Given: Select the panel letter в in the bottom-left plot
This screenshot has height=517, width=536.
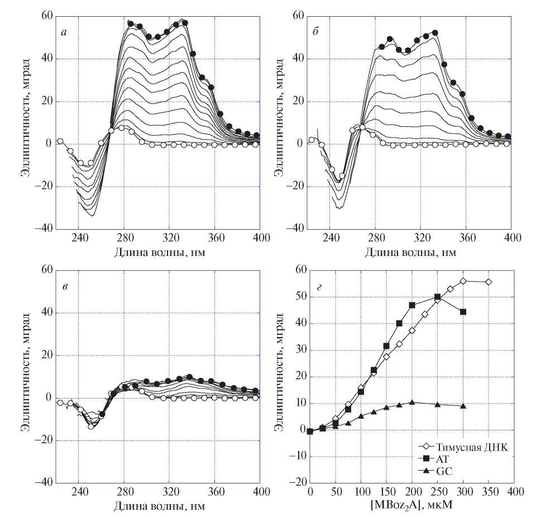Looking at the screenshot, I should (65, 287).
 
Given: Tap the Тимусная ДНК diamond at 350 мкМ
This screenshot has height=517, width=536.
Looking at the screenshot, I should (489, 282).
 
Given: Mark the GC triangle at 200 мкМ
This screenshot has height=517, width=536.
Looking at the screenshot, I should (412, 402).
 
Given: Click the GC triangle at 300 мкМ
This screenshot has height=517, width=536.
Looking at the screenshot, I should (463, 406).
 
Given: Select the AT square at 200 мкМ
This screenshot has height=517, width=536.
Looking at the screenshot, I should (412, 305).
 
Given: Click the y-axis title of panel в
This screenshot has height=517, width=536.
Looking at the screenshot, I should (26, 376).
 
